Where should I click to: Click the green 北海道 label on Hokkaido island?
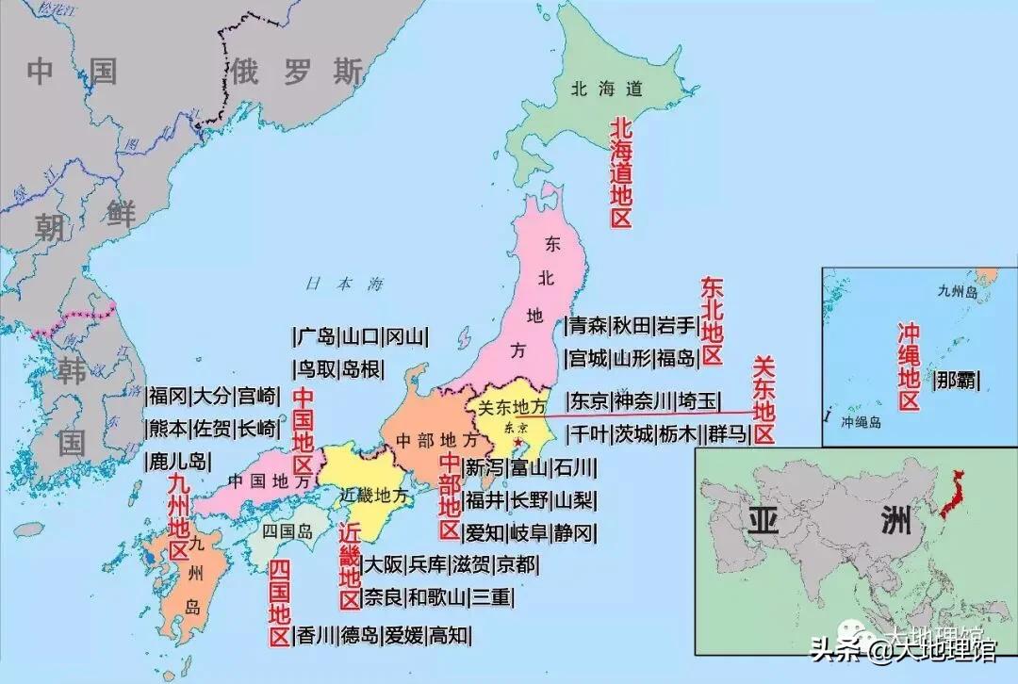(x=607, y=90)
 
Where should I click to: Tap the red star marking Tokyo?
(x=517, y=440)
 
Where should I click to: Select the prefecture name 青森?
(x=586, y=327)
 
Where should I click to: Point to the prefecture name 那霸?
(x=956, y=380)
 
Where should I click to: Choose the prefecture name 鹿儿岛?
(x=177, y=462)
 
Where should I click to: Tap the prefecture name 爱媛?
(x=404, y=636)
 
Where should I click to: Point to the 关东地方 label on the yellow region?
(x=512, y=408)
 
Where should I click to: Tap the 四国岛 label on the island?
(x=287, y=529)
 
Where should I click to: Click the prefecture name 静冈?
(x=574, y=533)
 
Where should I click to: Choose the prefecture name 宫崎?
(x=257, y=397)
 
